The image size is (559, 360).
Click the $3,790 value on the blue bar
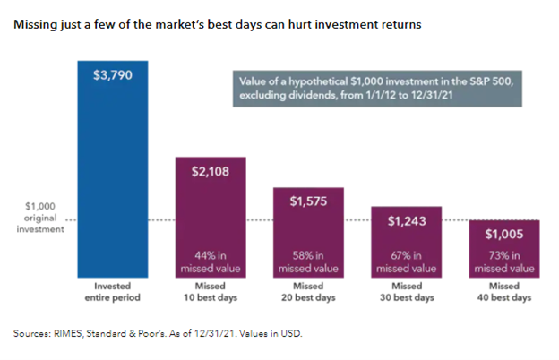[x=113, y=75]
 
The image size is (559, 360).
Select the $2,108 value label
[x=210, y=172]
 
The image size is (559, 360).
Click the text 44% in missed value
[x=210, y=260]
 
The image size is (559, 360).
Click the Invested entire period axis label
[x=113, y=291]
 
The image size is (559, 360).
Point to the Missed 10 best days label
[x=210, y=291]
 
